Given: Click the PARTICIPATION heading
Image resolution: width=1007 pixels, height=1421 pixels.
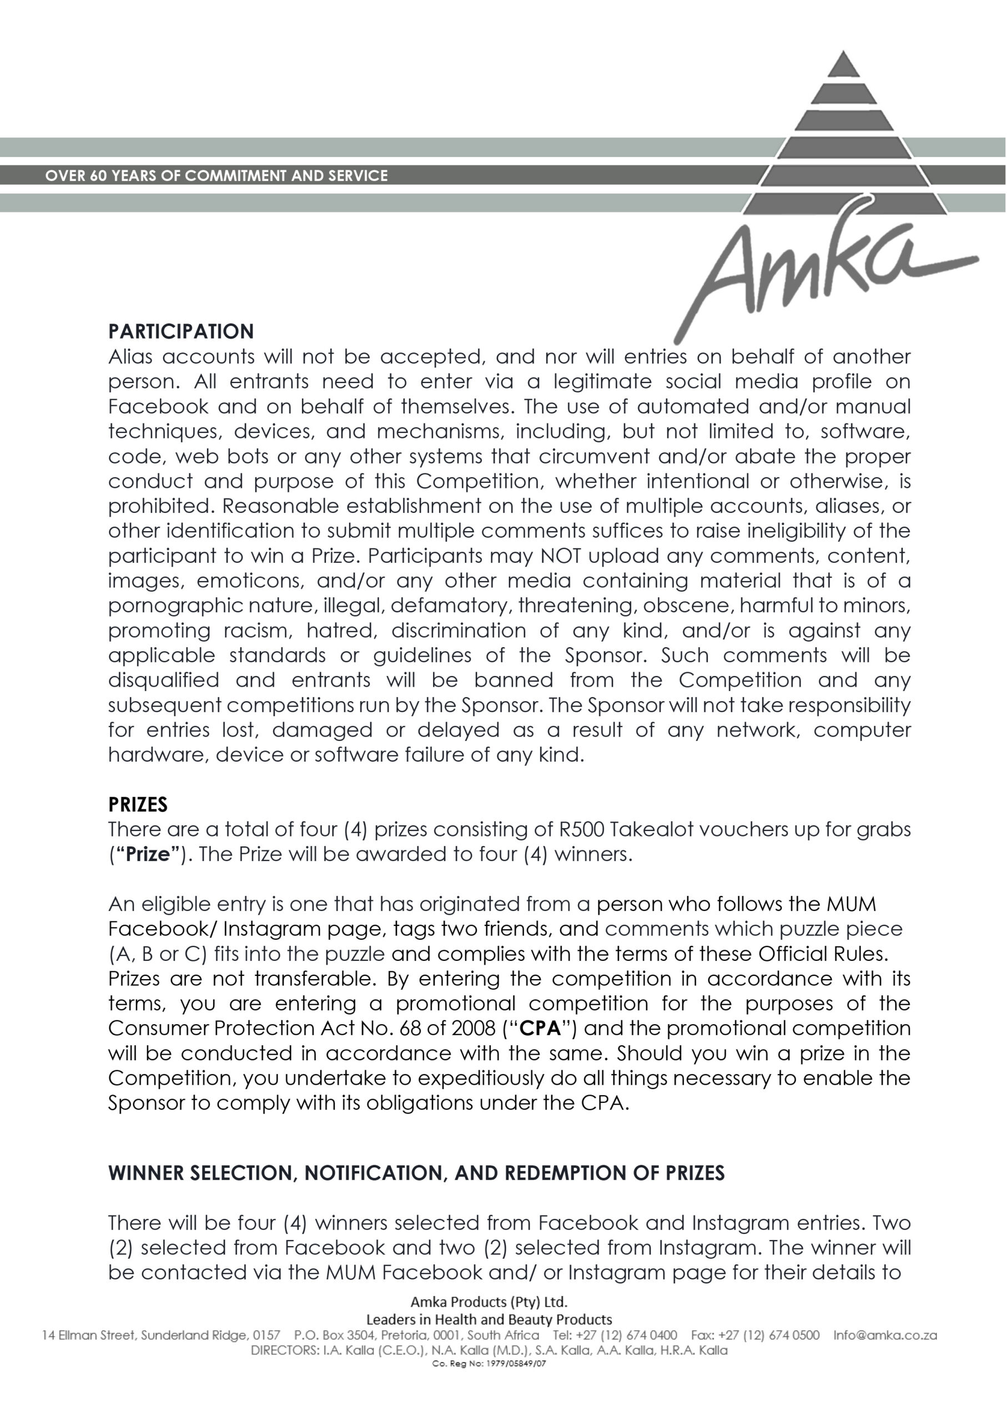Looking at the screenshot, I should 181,332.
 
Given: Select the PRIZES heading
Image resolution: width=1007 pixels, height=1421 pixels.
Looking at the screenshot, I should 138,805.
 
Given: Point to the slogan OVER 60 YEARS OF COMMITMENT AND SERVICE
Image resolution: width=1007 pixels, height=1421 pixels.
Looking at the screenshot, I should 216,175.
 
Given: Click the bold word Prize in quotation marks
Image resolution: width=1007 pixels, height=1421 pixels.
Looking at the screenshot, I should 148,854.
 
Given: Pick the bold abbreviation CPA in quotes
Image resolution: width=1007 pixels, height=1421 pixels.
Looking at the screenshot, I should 540,1029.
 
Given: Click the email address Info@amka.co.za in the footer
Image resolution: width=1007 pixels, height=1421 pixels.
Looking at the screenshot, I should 885,1336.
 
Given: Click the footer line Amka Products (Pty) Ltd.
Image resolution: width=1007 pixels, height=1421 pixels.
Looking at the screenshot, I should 489,1302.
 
